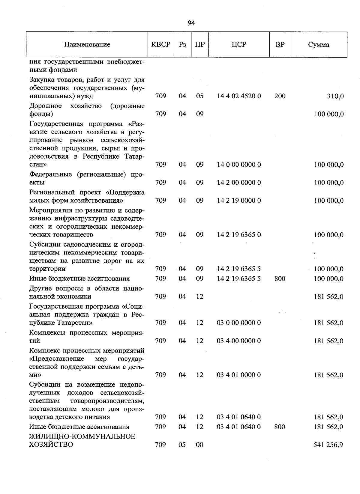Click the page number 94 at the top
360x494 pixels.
[x=191, y=23]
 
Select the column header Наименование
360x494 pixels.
[x=87, y=45]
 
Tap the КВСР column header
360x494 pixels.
[x=161, y=45]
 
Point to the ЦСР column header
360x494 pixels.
[x=239, y=45]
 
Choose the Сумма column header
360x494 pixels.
[x=319, y=45]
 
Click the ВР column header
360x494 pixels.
[x=280, y=45]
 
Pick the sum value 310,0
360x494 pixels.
[x=335, y=96]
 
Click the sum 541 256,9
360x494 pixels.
[x=328, y=445]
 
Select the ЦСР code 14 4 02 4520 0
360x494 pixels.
[x=239, y=96]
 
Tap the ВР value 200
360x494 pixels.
[x=280, y=96]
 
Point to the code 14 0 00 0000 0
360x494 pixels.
[x=239, y=165]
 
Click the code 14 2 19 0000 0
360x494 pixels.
[x=239, y=200]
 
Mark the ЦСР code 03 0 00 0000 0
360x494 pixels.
[x=239, y=323]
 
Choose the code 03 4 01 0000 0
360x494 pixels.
[x=239, y=375]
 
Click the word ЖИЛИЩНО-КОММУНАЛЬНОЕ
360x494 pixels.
[x=82, y=436]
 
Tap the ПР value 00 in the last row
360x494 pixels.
[x=199, y=445]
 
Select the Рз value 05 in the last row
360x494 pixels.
[x=182, y=445]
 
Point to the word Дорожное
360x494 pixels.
[x=46, y=106]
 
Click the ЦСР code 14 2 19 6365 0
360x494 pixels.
[x=239, y=235]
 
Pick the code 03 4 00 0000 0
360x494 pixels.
[x=239, y=341]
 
